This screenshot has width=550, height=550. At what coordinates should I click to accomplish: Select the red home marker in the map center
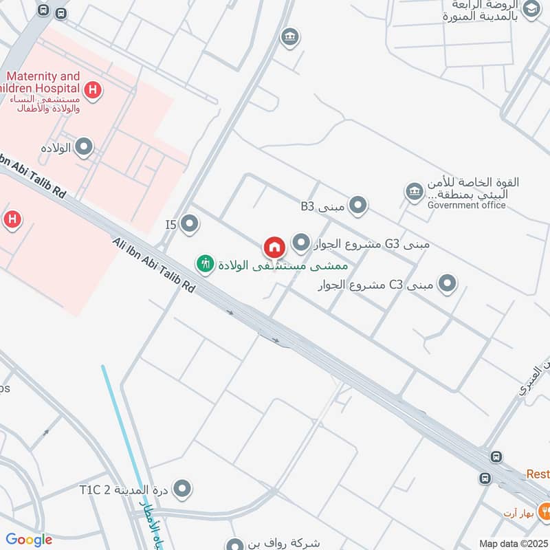(274, 247)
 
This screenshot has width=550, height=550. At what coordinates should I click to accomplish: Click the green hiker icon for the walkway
(205, 263)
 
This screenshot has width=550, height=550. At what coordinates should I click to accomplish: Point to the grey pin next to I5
(190, 223)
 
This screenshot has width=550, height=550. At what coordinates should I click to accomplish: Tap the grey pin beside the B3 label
(357, 205)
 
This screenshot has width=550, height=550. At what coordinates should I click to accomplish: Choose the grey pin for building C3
(448, 283)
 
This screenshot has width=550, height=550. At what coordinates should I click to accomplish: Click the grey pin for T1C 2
(182, 489)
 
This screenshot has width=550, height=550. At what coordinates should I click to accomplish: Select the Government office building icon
(415, 192)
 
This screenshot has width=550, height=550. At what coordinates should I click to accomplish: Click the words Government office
(466, 205)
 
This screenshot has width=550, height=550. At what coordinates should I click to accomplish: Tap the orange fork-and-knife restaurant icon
(544, 510)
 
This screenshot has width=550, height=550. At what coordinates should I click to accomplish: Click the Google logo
(29, 540)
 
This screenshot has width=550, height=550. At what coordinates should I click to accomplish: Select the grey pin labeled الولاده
(84, 146)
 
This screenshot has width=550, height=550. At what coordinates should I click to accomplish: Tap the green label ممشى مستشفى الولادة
(283, 264)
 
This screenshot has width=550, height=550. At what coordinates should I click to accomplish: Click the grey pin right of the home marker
(300, 242)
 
